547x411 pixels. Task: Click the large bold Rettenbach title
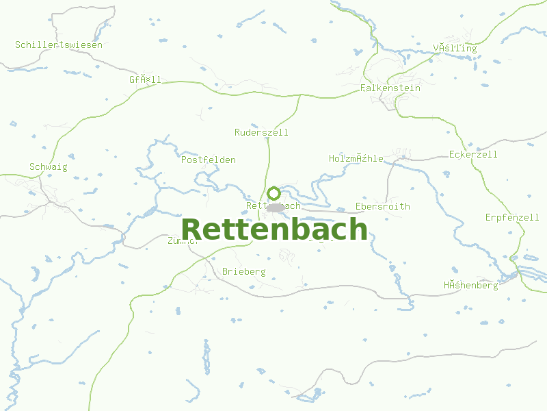[x=274, y=229]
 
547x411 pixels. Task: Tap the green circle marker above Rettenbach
[x=273, y=193]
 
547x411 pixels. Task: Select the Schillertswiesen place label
[x=59, y=45]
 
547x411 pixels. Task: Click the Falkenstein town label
[x=390, y=88]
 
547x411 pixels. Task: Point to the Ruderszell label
[x=261, y=132]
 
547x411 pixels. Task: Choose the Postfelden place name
[x=209, y=160]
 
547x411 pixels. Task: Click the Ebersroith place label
[x=383, y=207]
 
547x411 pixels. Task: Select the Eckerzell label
[x=473, y=155]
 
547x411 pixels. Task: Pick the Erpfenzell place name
[x=512, y=218]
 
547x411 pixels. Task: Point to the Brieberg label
[x=243, y=272]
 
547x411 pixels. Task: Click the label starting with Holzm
[x=356, y=159]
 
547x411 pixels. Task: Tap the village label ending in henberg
[x=470, y=286]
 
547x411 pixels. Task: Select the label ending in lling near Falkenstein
[x=455, y=49]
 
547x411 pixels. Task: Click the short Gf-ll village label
[x=145, y=80]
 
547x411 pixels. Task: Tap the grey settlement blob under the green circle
[x=275, y=208]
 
